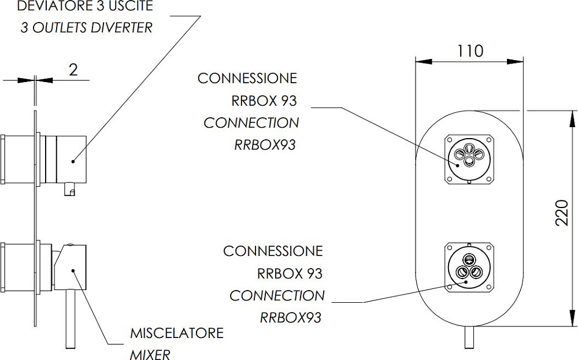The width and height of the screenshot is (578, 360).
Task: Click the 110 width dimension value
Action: [470, 51]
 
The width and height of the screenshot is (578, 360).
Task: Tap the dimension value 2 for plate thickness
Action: [73, 70]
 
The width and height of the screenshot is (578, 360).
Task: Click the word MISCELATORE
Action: [176, 333]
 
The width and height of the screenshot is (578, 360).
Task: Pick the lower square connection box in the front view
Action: [469, 267]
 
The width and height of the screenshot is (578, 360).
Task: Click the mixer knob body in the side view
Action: [74, 266]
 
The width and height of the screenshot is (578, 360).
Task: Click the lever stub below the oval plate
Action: [469, 337]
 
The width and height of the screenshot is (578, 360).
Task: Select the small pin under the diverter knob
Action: [71, 188]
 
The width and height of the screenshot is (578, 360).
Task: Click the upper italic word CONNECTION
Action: [251, 123]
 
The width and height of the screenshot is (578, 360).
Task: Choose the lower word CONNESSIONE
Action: [273, 251]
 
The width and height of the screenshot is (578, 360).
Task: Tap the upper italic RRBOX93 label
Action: [265, 144]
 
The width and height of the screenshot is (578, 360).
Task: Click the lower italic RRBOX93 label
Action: [291, 317]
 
